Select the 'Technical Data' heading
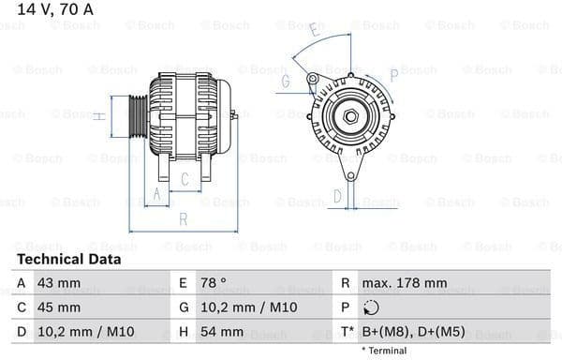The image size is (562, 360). pos(68,259)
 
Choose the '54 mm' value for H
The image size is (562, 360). pos(222,331)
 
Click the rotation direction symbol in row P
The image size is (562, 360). pos(372,307)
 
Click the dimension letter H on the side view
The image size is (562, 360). pos(97,116)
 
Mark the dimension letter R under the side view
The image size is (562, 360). pos(184,218)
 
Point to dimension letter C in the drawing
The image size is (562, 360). pos(185,178)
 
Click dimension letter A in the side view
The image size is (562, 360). pos(156,194)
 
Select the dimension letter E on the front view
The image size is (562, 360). pos(315,31)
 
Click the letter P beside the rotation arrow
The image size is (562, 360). pos(393,72)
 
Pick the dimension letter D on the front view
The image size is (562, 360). pos(337,196)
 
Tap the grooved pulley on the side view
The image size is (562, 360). pos(138,115)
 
